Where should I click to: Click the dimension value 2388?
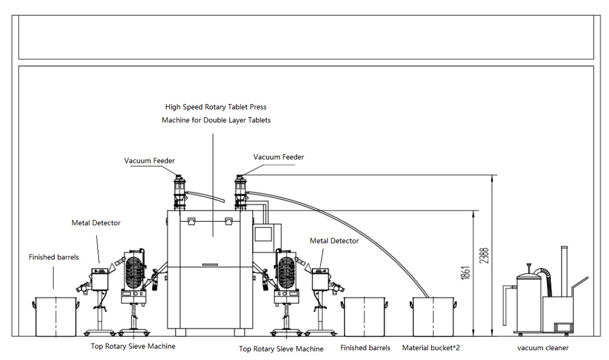[x=484, y=256]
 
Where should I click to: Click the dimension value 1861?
[x=466, y=273]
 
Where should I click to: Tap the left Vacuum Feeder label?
[x=150, y=161]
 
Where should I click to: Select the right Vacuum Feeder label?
[x=278, y=157]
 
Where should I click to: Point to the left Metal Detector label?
[x=96, y=223]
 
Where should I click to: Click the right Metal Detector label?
[x=334, y=241]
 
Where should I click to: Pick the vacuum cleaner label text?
[x=543, y=348]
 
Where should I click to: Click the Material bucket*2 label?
[x=431, y=348]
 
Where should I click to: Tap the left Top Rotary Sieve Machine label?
[x=133, y=347]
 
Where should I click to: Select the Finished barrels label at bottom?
[x=365, y=348]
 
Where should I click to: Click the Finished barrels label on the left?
[x=54, y=257]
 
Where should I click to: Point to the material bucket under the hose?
[x=433, y=317]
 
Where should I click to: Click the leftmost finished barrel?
[x=56, y=317]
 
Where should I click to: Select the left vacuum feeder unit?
[x=179, y=192]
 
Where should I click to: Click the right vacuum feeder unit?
[x=241, y=192]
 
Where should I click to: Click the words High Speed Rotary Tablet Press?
[x=216, y=107]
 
